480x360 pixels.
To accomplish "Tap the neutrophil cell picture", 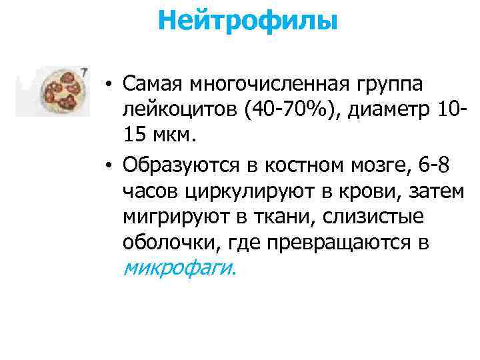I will pos(62,91).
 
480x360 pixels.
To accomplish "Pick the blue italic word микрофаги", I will pos(178,268).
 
